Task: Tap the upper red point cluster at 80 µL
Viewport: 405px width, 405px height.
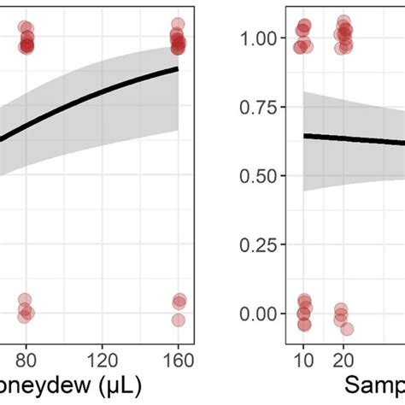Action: [26, 39]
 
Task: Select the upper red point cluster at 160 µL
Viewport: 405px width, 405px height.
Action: [177, 39]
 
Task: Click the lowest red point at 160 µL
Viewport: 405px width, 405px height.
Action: [178, 320]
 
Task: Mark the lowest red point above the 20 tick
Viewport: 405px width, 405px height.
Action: [347, 329]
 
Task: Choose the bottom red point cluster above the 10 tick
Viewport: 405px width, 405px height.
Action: [304, 312]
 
